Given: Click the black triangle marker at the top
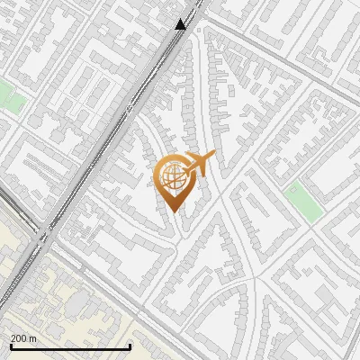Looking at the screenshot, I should click(181, 23).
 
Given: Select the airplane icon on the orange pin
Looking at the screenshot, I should click(197, 165).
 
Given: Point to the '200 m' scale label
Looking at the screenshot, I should click(22, 337).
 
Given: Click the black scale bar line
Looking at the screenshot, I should click(70, 346).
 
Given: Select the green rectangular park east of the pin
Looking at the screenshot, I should click(303, 202).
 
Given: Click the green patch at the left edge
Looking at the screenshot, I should click(11, 96).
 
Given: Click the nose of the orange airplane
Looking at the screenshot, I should click(213, 157).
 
